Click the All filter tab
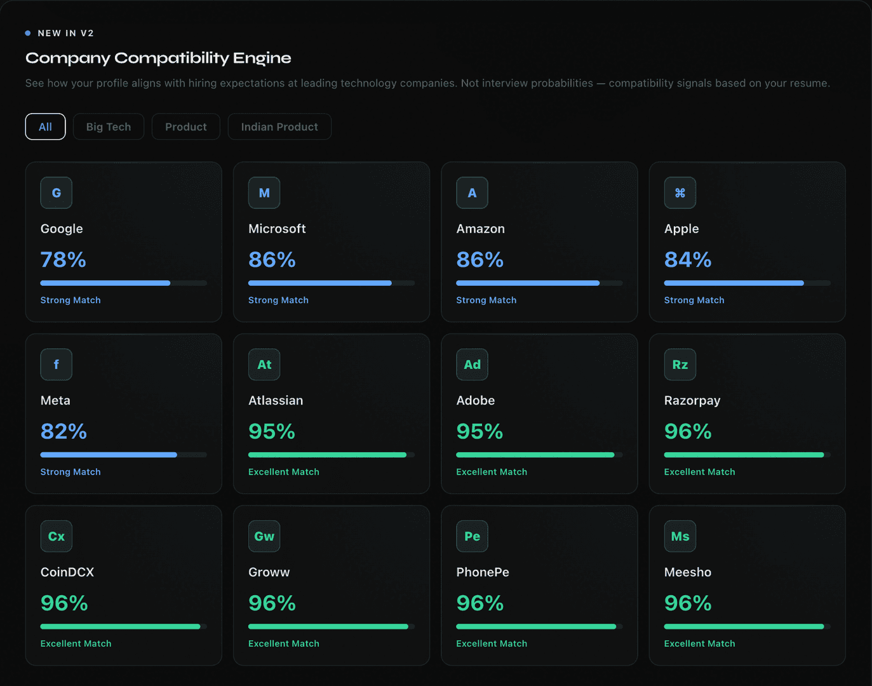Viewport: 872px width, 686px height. point(45,127)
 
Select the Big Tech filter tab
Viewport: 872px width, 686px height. point(109,127)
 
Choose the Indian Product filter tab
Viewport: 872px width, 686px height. point(279,127)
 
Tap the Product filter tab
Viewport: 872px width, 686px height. point(186,127)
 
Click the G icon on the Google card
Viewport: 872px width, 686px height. point(57,193)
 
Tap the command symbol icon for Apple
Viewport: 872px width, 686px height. point(680,193)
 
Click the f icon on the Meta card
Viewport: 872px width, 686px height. point(57,365)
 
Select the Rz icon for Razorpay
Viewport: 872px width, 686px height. point(680,365)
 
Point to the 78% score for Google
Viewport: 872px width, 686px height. point(64,259)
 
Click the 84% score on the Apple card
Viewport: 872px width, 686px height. point(688,259)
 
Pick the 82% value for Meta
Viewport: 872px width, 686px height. point(64,431)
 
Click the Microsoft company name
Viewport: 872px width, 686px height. point(277,229)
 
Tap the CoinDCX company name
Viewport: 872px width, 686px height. point(67,572)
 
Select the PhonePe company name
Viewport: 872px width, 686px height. point(483,572)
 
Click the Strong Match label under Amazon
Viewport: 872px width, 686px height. point(486,300)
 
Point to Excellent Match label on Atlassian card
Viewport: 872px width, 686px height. point(284,472)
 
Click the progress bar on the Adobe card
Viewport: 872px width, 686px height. point(539,455)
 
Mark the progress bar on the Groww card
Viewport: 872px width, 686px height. point(332,627)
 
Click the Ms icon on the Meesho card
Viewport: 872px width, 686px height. point(680,537)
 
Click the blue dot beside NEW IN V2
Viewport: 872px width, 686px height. point(27,33)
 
